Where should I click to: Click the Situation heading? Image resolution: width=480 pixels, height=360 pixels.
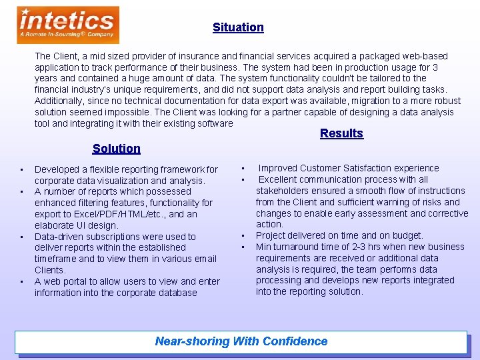click(238, 27)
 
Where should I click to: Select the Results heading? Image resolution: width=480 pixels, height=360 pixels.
click(341, 133)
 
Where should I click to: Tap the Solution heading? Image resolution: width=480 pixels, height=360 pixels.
click(117, 149)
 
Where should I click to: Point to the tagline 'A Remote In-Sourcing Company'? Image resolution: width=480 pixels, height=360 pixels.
click(67, 34)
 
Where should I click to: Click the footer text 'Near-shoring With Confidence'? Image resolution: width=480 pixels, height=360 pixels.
click(241, 341)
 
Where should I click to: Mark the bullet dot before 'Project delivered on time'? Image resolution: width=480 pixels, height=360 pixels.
click(243, 235)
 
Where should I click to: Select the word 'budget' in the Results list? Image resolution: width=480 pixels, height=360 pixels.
click(407, 235)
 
